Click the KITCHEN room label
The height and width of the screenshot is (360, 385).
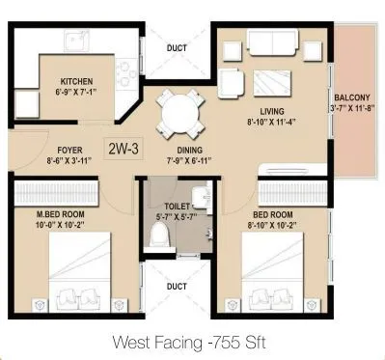pos(77,82)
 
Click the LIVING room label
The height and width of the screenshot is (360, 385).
pos(262,112)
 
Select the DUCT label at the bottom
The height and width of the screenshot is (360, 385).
pos(176,286)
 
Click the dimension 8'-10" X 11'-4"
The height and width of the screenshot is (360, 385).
pos(262,123)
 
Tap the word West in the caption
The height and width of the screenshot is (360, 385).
pos(129,341)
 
